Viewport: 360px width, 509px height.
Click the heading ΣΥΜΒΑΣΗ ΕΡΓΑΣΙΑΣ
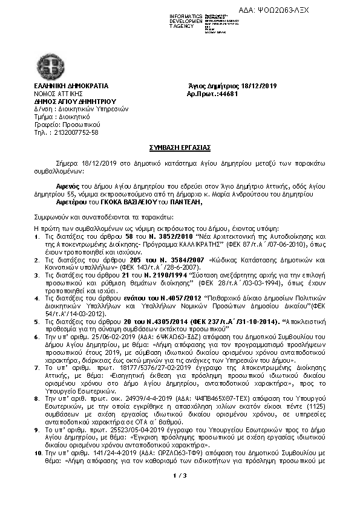point(180,147)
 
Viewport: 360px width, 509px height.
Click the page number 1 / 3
point(179,478)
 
